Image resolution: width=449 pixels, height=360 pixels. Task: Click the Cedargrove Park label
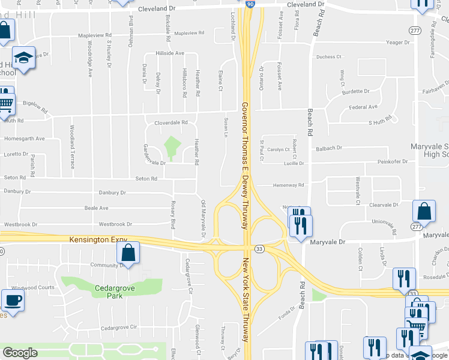[100, 291]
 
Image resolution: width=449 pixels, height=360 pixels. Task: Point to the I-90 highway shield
[250, 4]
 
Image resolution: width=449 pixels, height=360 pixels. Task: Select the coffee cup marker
[13, 300]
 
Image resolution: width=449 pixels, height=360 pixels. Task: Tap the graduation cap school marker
[24, 58]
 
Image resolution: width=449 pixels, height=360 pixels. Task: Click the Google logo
[20, 352]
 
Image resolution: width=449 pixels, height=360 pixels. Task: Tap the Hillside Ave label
[170, 53]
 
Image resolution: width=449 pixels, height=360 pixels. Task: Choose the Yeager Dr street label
[398, 43]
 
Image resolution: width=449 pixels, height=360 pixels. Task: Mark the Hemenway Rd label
[291, 185]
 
